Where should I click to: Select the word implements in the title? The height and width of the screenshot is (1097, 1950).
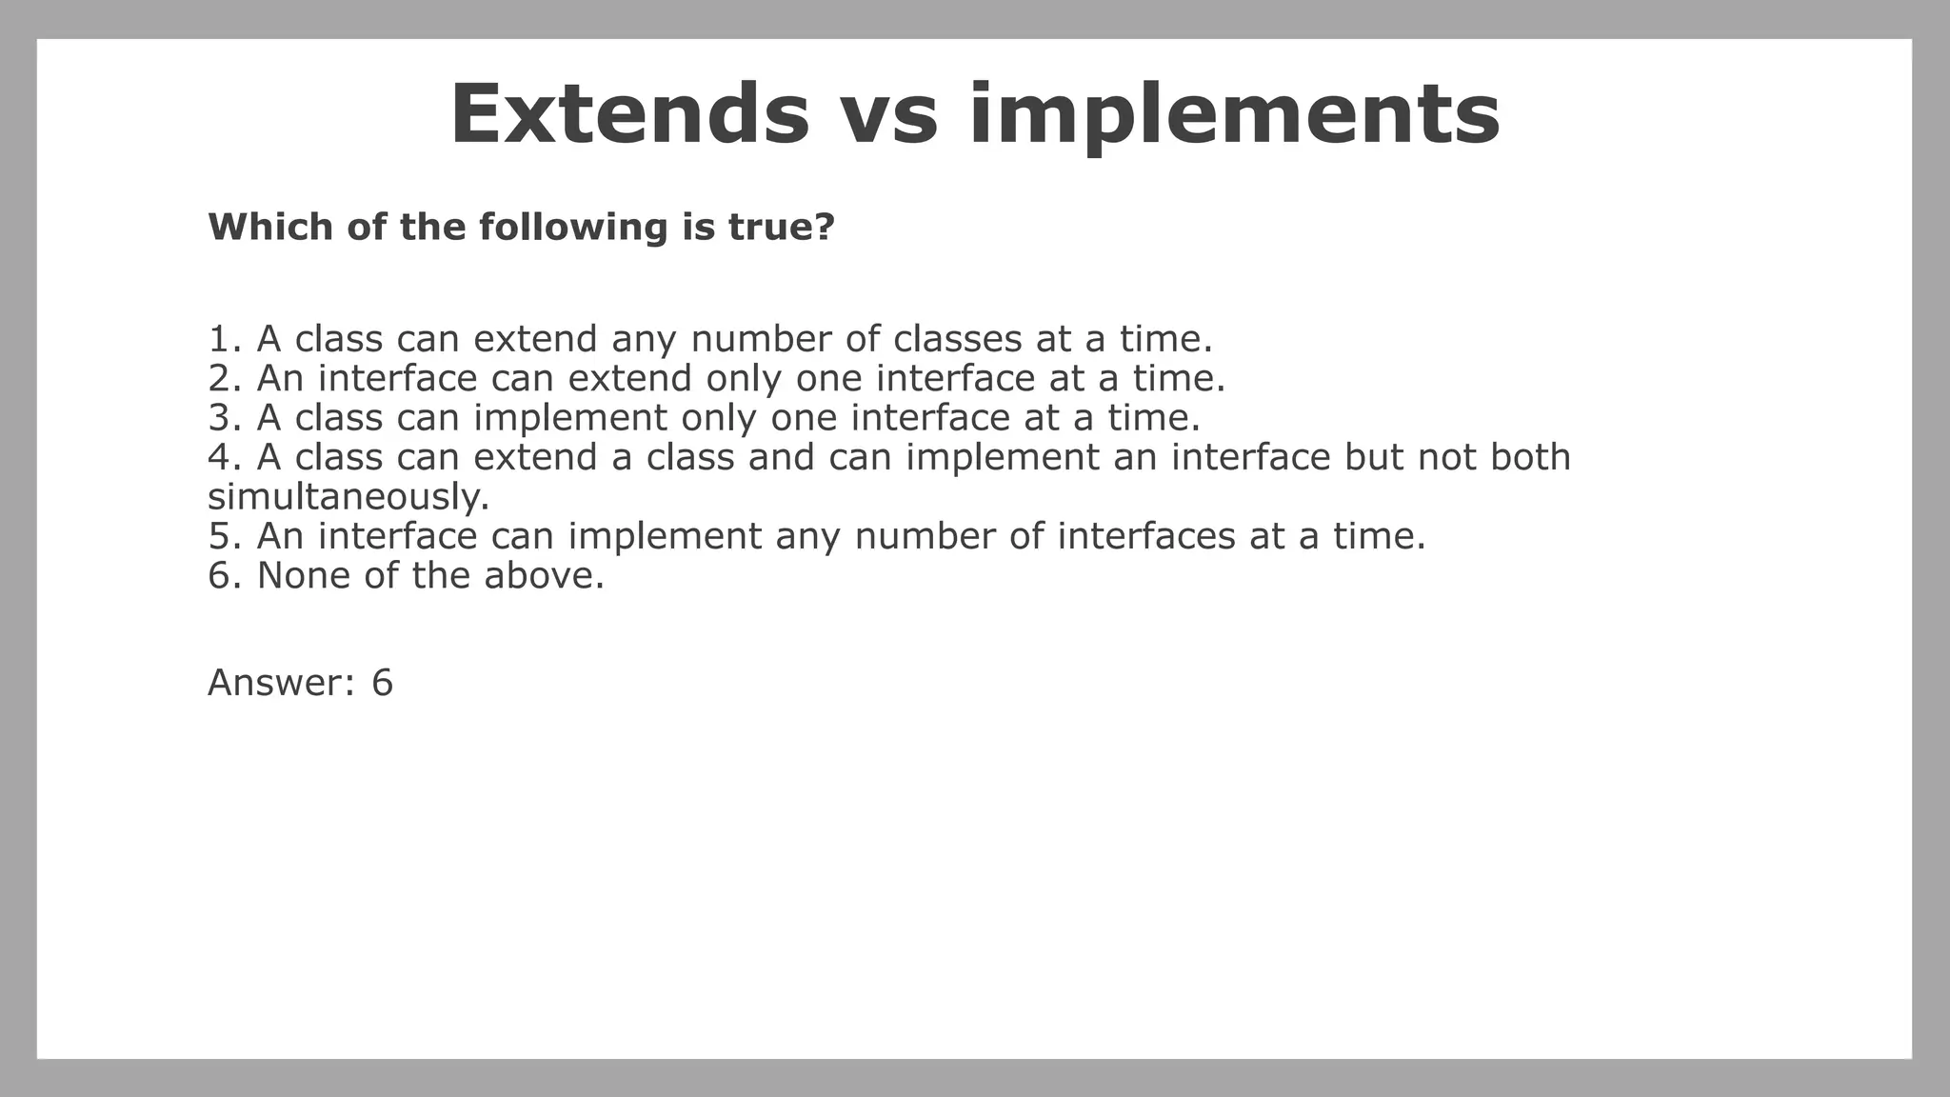click(x=1234, y=116)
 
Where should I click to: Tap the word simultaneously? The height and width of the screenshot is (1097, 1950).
click(x=348, y=497)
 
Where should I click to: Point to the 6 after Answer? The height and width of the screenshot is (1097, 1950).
click(x=382, y=683)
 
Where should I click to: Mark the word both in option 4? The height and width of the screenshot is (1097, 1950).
click(x=1530, y=457)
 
